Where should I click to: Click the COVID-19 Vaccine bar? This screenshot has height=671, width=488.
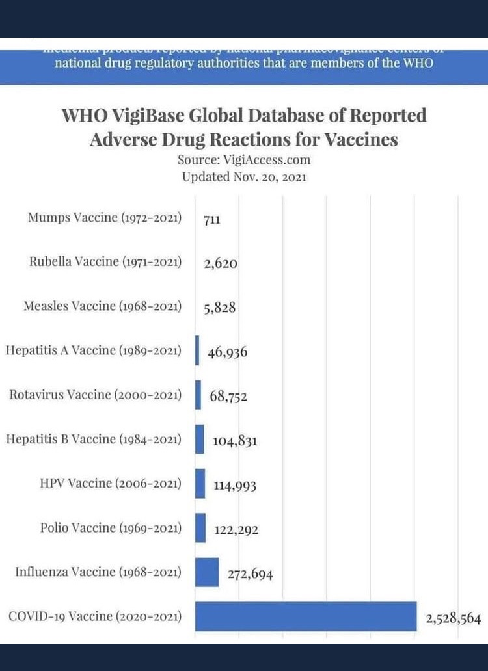click(306, 616)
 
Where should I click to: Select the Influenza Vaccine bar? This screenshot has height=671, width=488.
click(207, 572)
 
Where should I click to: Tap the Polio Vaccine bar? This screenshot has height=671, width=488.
click(200, 528)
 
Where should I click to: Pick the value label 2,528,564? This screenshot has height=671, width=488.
click(454, 618)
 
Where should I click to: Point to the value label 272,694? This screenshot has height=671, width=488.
click(250, 574)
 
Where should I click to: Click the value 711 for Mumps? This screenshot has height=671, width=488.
click(212, 220)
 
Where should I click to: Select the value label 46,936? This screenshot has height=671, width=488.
click(228, 352)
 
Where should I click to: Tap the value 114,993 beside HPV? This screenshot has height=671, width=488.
click(234, 486)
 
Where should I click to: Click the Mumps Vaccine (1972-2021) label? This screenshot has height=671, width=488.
click(104, 217)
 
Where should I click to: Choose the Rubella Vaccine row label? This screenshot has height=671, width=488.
click(105, 261)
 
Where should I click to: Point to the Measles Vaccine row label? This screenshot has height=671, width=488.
click(102, 306)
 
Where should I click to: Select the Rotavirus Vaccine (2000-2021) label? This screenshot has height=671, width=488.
click(95, 395)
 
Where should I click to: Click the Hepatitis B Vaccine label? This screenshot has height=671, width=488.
click(93, 439)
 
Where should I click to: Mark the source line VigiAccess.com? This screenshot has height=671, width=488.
click(244, 159)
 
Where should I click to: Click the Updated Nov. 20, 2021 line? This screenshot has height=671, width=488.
click(244, 176)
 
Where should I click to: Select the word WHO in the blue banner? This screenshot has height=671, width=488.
click(418, 63)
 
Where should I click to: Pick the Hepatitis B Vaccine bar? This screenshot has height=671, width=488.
click(199, 439)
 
